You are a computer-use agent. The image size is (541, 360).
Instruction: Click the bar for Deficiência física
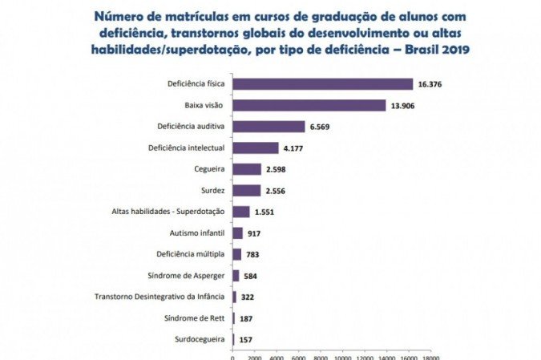click(x=322, y=84)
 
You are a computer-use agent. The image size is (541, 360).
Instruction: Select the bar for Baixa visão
click(x=309, y=106)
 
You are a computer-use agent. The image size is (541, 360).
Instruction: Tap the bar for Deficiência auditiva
click(x=268, y=127)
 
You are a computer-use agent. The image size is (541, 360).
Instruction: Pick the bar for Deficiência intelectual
click(x=255, y=148)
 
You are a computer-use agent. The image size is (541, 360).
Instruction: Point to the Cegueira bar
click(x=246, y=169)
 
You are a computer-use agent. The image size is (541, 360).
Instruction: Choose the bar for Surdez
click(x=246, y=190)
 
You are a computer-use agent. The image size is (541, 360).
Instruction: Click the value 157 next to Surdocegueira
click(x=247, y=340)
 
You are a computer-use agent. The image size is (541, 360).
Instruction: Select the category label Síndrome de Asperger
click(x=190, y=276)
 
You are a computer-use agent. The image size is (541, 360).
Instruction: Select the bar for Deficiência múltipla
click(x=236, y=254)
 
